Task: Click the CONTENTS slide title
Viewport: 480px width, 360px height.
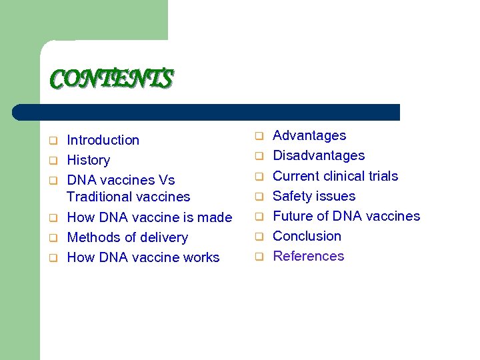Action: [112, 79]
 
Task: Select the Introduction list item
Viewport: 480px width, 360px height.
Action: [103, 140]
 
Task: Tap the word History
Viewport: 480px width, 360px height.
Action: [88, 160]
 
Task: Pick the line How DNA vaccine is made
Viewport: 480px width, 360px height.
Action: [149, 217]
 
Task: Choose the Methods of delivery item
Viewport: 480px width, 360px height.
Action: [127, 237]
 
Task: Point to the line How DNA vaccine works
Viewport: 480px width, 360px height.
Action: [143, 257]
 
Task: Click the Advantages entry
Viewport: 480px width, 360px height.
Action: [309, 135]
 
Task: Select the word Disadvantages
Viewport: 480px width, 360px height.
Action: [319, 155]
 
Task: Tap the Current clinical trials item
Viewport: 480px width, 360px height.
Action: [335, 176]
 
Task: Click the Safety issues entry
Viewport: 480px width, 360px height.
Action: [314, 196]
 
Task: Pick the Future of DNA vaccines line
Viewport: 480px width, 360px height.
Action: [346, 216]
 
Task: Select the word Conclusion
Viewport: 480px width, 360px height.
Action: [307, 236]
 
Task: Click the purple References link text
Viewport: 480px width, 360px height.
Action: [308, 256]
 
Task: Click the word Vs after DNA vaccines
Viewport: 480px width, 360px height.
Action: [167, 180]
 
